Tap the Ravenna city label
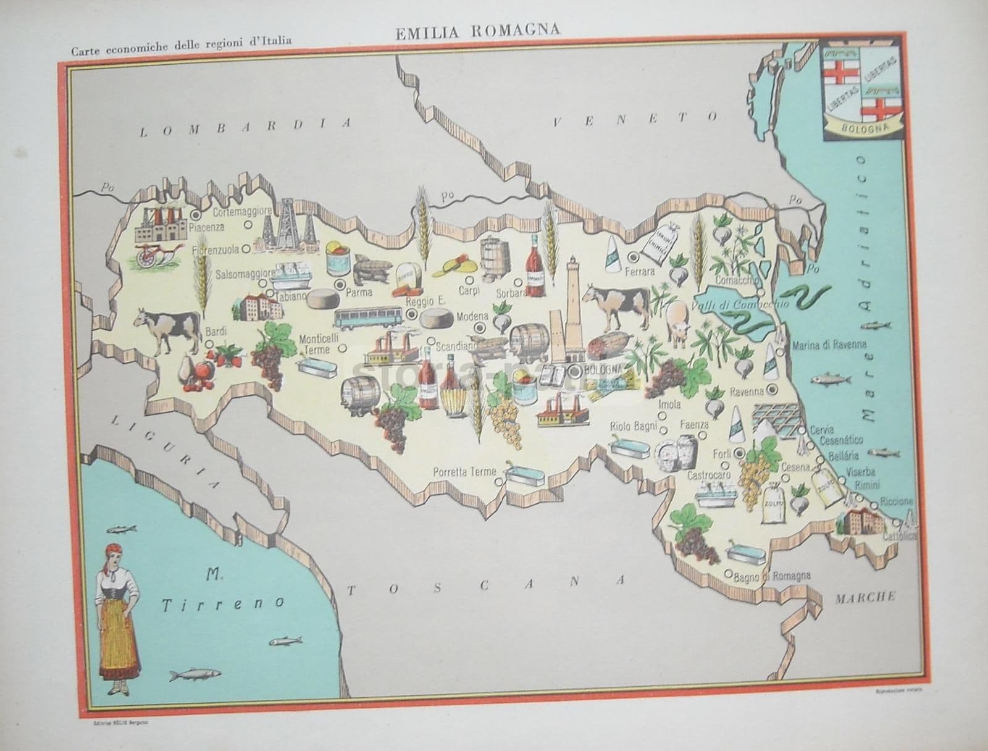746,391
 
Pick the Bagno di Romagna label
772,577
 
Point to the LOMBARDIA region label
246,126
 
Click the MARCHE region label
865,597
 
